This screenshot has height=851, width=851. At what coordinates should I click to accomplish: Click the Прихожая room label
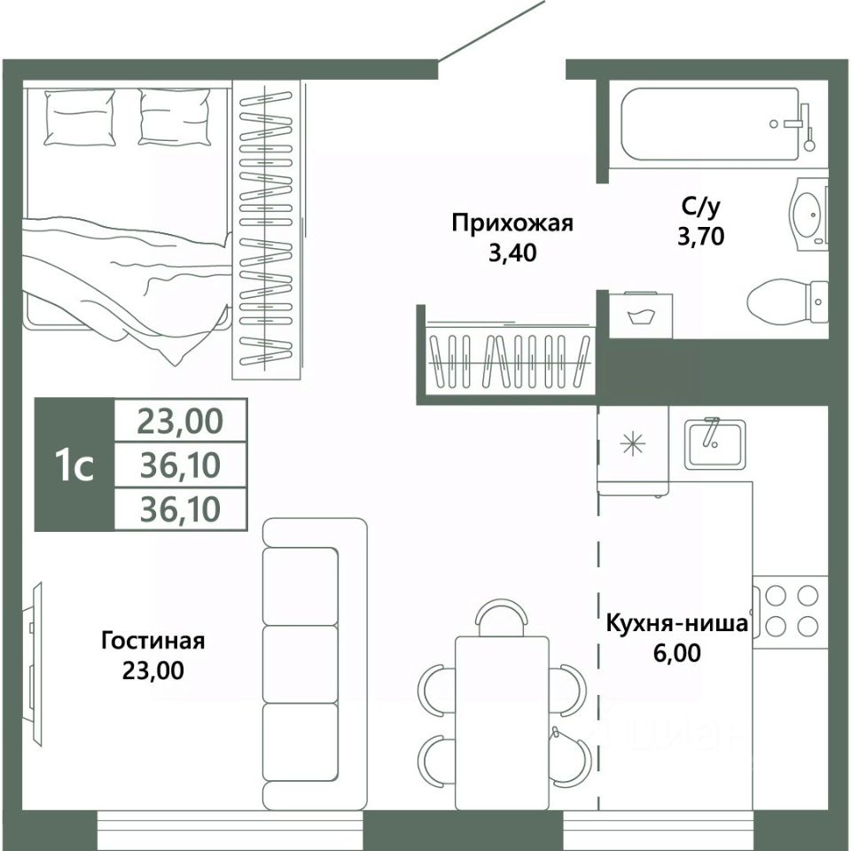512,223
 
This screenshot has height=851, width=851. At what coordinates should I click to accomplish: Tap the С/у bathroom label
700,207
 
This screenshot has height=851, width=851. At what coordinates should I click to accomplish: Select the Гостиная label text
153,641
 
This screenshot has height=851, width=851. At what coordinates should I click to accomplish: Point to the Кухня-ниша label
676,623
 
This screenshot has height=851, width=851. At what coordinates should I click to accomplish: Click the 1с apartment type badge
74,465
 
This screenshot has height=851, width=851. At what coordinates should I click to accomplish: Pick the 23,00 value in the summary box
180,421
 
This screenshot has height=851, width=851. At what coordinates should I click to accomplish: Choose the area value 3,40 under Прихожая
512,253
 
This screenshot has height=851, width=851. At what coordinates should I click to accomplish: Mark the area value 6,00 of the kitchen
676,653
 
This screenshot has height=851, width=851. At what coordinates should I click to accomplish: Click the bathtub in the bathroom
716,124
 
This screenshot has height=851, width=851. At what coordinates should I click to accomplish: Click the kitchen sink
714,444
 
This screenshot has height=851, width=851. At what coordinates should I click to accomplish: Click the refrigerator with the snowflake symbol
633,450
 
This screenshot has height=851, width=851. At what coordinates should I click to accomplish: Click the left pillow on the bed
80,117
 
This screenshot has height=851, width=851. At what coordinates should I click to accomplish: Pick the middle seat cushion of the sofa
301,664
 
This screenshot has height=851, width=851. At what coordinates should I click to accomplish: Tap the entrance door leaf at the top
491,30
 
